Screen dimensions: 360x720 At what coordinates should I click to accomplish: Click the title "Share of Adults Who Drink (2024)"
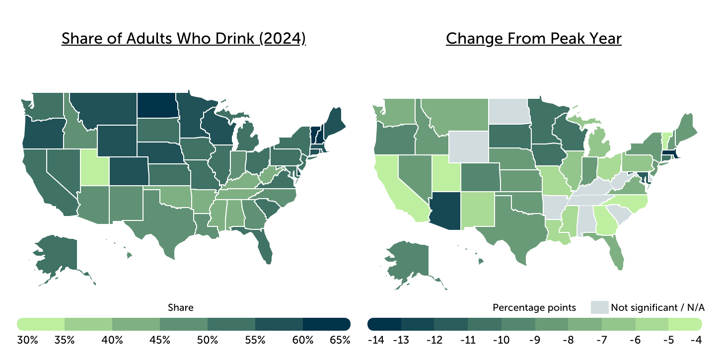coord(184,39)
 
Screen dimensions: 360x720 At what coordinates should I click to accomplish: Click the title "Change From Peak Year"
coord(533,39)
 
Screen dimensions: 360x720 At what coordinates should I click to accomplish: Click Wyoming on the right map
coord(469,147)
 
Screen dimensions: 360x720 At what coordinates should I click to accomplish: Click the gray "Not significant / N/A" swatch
coord(599,307)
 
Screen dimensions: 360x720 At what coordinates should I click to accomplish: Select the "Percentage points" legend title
coord(534,308)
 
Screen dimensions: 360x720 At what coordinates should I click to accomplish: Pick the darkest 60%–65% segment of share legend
coord(327,324)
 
